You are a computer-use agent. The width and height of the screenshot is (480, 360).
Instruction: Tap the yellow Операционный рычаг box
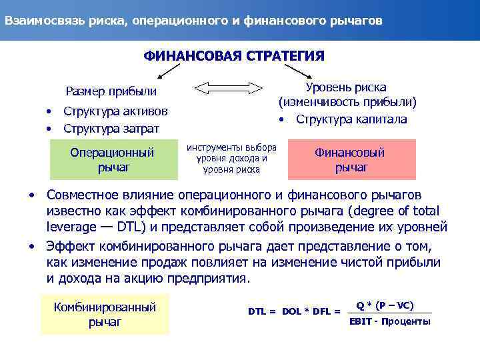pos(112,159)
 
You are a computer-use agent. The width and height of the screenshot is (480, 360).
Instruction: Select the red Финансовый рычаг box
pos(351,159)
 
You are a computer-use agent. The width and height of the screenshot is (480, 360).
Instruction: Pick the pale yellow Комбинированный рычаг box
pos(105,314)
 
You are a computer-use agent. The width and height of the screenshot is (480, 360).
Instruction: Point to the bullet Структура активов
pos(115,111)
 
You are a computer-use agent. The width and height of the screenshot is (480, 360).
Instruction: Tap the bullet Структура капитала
pos(351,119)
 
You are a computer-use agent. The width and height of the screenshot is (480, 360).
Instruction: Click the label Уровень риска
pos(346,87)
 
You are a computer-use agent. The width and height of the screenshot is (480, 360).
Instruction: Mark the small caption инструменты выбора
pos(232,147)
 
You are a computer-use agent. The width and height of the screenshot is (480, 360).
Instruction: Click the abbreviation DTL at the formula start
pos(258,311)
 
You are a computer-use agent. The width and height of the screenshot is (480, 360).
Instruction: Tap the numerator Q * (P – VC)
pos(385,305)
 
